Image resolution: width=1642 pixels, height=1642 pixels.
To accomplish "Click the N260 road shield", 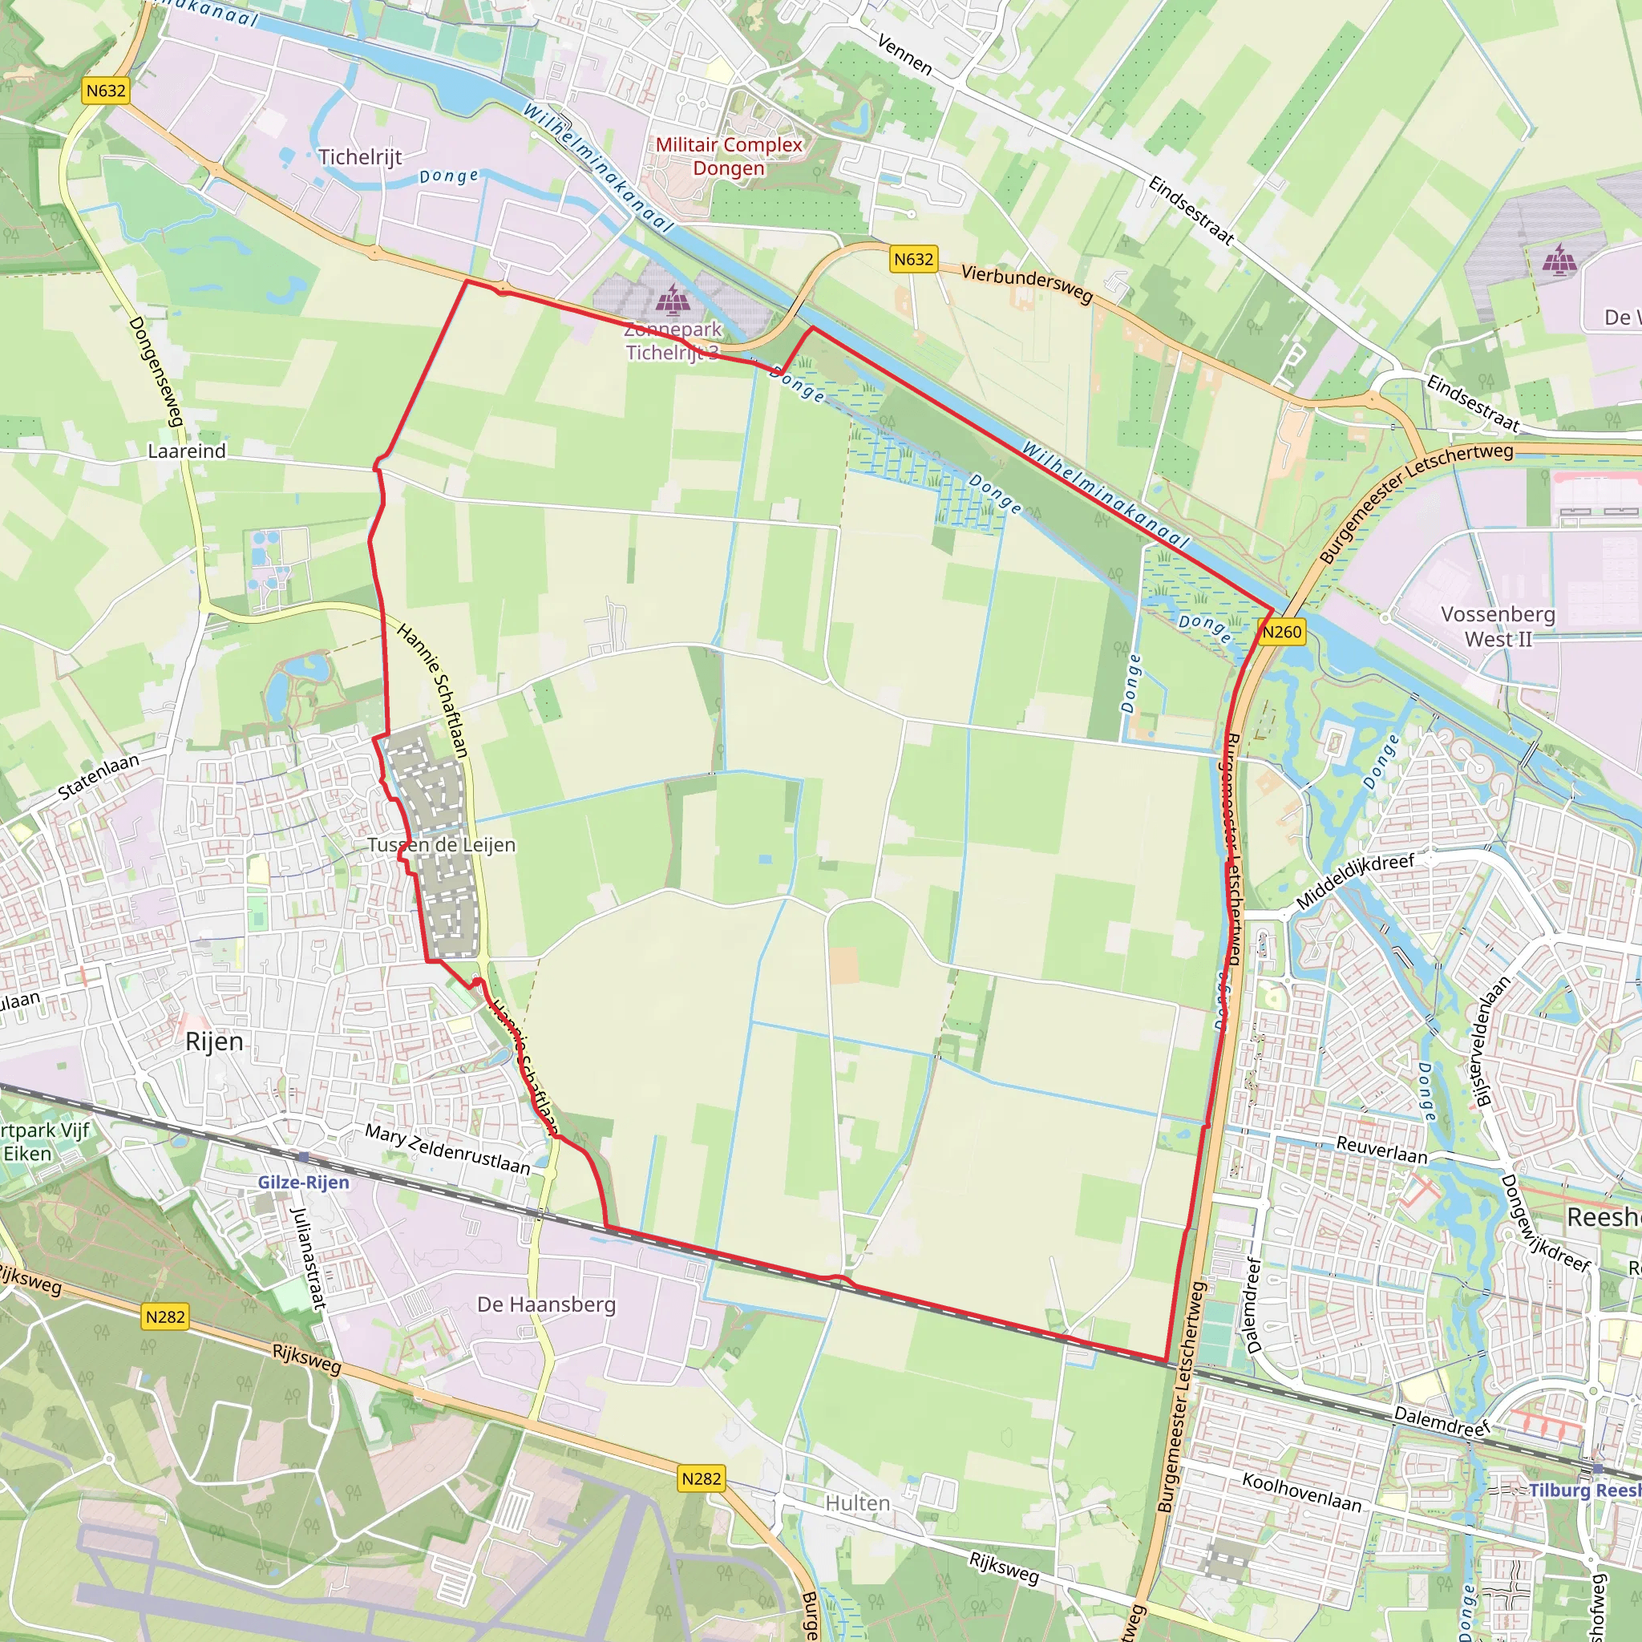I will tap(1280, 632).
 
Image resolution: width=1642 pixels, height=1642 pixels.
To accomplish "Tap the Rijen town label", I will tap(214, 1041).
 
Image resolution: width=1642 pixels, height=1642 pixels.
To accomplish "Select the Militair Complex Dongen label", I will tap(728, 156).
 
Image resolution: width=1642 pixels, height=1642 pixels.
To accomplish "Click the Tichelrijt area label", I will tap(360, 157).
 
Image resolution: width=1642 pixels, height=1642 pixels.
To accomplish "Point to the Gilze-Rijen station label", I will tap(303, 1183).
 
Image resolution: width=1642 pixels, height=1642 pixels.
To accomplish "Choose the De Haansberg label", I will tap(547, 1304).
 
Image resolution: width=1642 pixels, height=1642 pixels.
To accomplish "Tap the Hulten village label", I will tap(858, 1502).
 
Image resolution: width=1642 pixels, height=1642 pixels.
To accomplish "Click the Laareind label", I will tap(187, 451).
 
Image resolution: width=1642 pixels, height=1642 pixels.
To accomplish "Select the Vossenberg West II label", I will tap(1498, 626).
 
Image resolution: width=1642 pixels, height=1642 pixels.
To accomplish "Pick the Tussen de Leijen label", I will tap(441, 845).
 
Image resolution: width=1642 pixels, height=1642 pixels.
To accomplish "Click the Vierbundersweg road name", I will tap(1027, 284).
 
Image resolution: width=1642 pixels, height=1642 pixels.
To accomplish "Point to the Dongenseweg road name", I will tap(156, 371).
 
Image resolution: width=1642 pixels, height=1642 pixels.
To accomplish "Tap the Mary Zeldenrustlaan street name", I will tap(447, 1149).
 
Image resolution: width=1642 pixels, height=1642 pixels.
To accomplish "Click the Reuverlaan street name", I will tap(1382, 1150).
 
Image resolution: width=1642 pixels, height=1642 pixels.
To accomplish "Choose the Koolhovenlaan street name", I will tap(1301, 1492).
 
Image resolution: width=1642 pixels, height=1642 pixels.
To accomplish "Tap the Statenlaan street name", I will tap(99, 776).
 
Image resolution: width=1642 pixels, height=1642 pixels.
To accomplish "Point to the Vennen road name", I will tap(904, 55).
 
